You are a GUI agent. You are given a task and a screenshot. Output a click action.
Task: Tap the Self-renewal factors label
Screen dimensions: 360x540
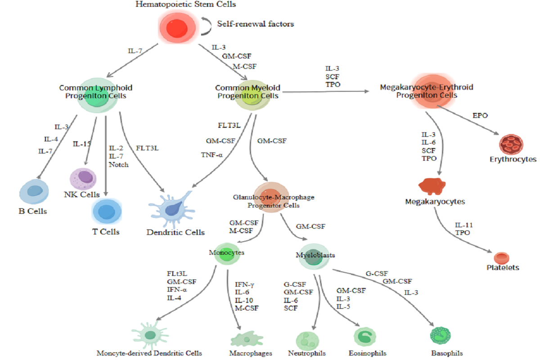click(256, 24)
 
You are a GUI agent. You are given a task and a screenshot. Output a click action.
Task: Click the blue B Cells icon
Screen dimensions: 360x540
click(34, 192)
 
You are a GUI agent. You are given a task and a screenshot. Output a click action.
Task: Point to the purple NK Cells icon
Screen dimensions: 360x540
click(83, 179)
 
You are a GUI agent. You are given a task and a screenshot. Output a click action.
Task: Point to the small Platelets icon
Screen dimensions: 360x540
click(501, 258)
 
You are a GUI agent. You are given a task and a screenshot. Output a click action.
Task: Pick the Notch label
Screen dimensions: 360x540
click(119, 164)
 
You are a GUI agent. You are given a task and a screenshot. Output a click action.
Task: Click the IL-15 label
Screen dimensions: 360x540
click(81, 144)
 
